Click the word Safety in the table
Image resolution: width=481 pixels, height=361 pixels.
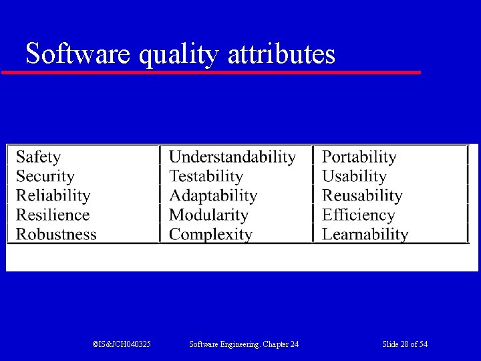(38, 157)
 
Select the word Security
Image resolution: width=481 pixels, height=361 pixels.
(45, 176)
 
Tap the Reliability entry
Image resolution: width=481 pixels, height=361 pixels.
(53, 196)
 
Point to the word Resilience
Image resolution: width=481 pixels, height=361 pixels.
(52, 215)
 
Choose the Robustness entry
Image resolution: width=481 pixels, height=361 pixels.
(56, 235)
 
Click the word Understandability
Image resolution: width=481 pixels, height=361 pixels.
(232, 157)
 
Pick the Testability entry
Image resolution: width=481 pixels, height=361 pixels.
(206, 176)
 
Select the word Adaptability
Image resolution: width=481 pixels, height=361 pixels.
(212, 196)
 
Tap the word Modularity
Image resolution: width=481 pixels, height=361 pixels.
(208, 215)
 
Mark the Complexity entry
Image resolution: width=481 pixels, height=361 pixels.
(210, 235)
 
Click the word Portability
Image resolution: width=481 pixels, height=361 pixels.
(359, 157)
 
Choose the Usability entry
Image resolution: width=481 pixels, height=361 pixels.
(354, 176)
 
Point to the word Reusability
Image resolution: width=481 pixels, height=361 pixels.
(362, 196)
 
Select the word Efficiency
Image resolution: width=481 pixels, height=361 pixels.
(358, 215)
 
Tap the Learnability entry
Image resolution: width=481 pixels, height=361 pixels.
(365, 235)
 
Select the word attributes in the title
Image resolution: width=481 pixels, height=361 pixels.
(281, 53)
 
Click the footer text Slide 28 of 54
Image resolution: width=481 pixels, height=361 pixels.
(405, 344)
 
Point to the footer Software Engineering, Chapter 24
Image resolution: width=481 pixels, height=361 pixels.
(244, 344)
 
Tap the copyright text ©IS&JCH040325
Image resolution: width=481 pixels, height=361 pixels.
(122, 344)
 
